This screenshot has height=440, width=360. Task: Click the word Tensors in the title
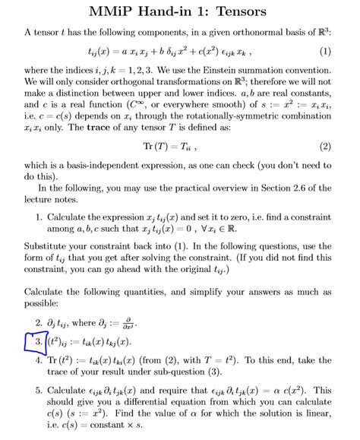[244, 13]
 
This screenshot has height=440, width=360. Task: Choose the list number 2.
[39, 321]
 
